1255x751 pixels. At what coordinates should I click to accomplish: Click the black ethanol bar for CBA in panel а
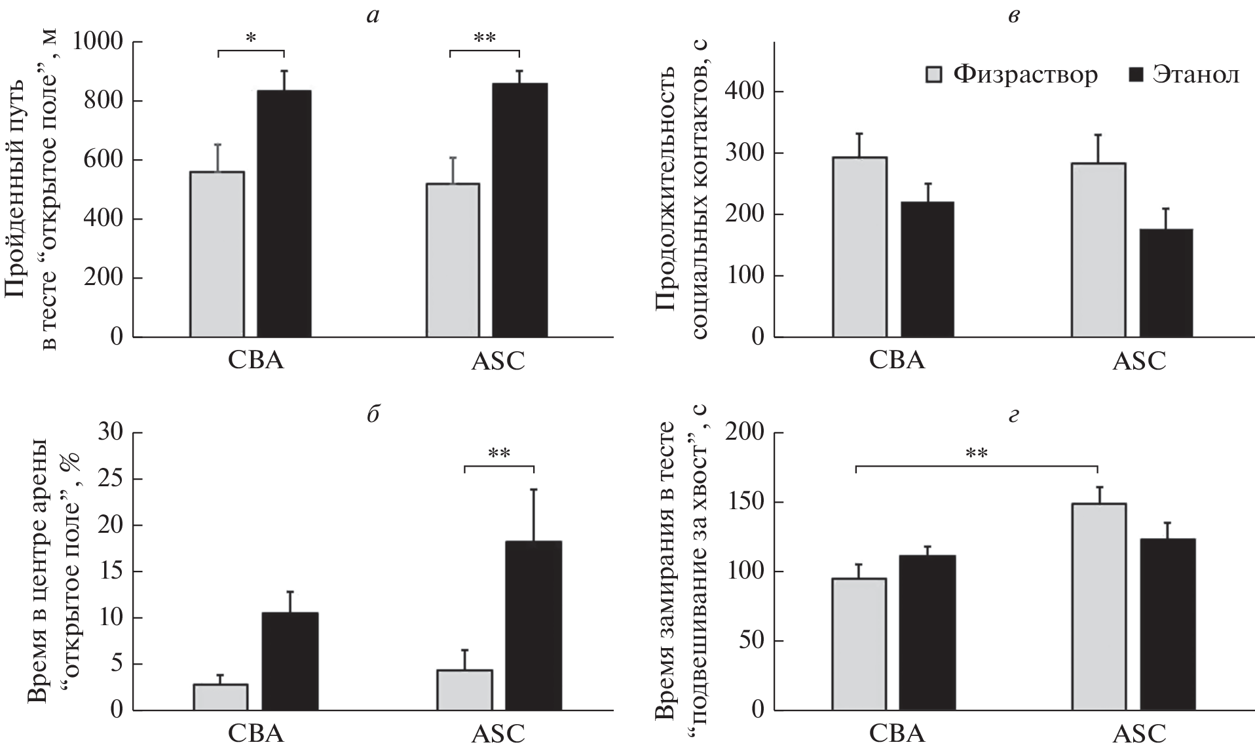click(284, 214)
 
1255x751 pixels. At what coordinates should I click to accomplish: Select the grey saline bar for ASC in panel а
click(453, 260)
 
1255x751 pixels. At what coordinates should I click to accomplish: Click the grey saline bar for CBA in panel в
click(859, 247)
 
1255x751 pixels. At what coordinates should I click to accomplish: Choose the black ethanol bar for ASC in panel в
click(1166, 283)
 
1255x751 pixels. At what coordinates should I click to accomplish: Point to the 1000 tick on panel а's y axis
click(98, 42)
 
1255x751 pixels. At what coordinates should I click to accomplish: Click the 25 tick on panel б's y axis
click(111, 479)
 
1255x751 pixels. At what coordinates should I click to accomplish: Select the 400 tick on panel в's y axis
click(743, 91)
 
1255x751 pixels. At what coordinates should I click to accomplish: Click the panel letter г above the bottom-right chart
click(1014, 415)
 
